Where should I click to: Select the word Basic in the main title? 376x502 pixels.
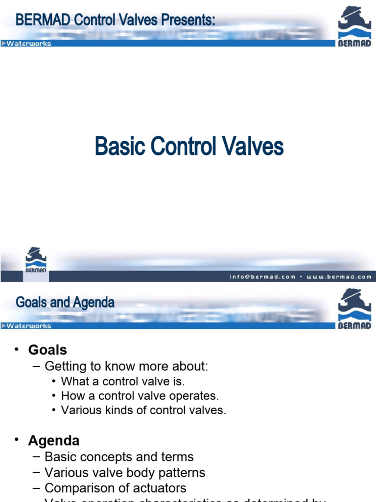[x=120, y=147]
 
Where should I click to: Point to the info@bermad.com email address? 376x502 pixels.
[x=262, y=277]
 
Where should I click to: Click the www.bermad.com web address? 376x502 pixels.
[x=339, y=277]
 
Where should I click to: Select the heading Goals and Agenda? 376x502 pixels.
[x=65, y=302]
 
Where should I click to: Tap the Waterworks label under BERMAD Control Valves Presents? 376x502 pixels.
[x=29, y=44]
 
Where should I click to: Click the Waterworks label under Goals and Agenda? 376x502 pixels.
[x=29, y=326]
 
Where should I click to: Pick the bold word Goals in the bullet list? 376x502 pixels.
[x=47, y=350]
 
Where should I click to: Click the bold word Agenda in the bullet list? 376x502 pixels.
[x=54, y=440]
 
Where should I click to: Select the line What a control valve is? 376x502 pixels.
[x=123, y=381]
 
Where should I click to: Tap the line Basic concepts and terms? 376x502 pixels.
[x=119, y=457]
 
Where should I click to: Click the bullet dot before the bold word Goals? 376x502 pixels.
[x=17, y=349]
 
